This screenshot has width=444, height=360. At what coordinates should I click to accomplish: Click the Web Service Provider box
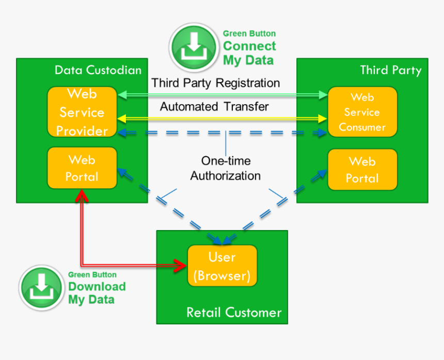(x=82, y=112)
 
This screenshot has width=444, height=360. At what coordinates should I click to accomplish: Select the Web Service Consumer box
(x=362, y=112)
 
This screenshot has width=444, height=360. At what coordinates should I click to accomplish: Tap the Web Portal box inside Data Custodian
(x=82, y=168)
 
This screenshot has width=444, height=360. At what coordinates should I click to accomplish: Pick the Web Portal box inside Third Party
(x=362, y=170)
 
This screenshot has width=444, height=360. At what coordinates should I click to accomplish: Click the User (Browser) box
(x=222, y=266)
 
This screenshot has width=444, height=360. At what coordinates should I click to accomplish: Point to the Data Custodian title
(x=98, y=70)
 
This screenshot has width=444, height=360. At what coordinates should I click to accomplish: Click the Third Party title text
(x=390, y=70)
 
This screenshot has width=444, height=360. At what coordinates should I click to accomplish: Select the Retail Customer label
(x=234, y=313)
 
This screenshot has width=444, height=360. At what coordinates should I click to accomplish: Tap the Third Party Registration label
(x=216, y=83)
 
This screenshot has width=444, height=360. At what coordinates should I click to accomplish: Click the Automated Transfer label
(x=214, y=107)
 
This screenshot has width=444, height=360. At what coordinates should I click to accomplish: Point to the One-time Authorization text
(x=225, y=168)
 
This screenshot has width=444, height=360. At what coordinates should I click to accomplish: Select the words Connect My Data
(x=249, y=53)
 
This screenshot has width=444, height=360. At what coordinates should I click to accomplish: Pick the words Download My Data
(x=97, y=293)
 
